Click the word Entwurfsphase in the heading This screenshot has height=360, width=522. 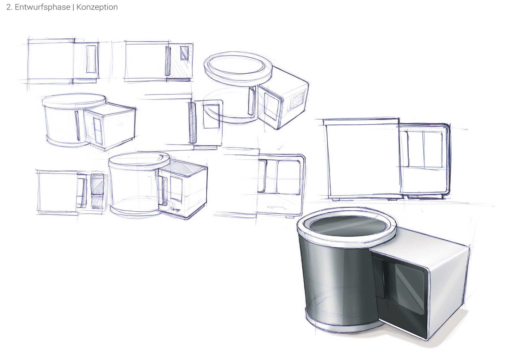click(42, 7)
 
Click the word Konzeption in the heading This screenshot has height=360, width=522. click(97, 7)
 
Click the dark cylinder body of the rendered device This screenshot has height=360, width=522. click(337, 280)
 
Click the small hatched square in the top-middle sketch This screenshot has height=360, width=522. click(184, 53)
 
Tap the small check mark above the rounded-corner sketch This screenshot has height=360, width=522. click(280, 148)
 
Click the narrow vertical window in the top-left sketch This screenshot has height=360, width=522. click(91, 59)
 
